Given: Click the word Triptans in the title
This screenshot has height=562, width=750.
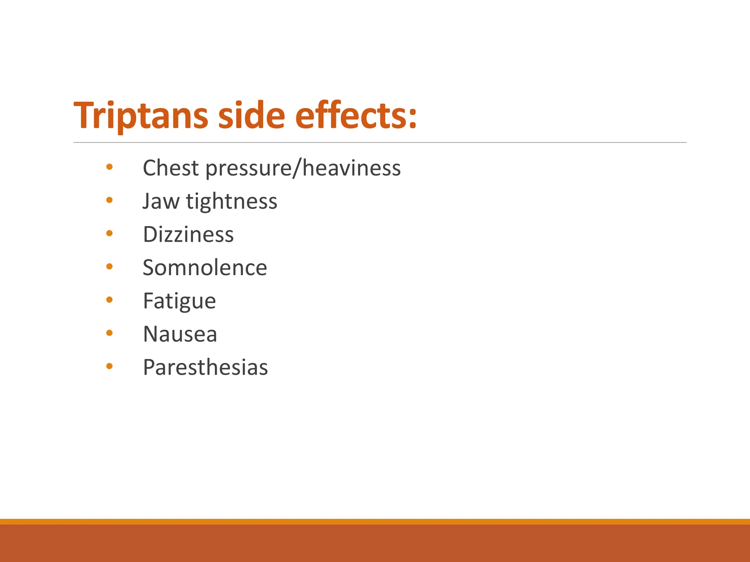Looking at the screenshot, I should click(x=141, y=116).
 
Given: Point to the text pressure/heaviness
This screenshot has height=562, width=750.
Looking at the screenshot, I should click(x=303, y=169).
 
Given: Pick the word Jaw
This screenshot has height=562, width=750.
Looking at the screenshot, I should click(x=161, y=201).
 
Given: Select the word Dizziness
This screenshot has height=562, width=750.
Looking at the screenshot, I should click(x=188, y=235).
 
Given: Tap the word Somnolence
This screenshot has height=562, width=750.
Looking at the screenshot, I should click(x=205, y=268).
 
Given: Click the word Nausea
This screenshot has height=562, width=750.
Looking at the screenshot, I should click(x=180, y=334).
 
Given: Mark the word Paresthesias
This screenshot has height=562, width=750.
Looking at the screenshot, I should click(x=205, y=368).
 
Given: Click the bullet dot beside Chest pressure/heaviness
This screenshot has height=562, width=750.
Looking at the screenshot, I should click(x=109, y=167).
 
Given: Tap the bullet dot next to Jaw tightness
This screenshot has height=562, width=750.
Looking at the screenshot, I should click(x=109, y=200).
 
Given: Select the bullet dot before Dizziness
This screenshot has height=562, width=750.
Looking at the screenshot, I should click(x=109, y=233).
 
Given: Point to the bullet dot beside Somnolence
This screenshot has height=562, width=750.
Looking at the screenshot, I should click(x=109, y=267).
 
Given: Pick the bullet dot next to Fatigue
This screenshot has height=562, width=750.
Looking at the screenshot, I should click(x=109, y=300).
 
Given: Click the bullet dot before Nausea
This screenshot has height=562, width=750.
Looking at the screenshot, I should click(x=109, y=333).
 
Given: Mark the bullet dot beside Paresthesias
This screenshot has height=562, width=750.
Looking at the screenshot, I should click(x=109, y=366).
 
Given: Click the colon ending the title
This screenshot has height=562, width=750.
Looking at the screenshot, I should click(x=413, y=119).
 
